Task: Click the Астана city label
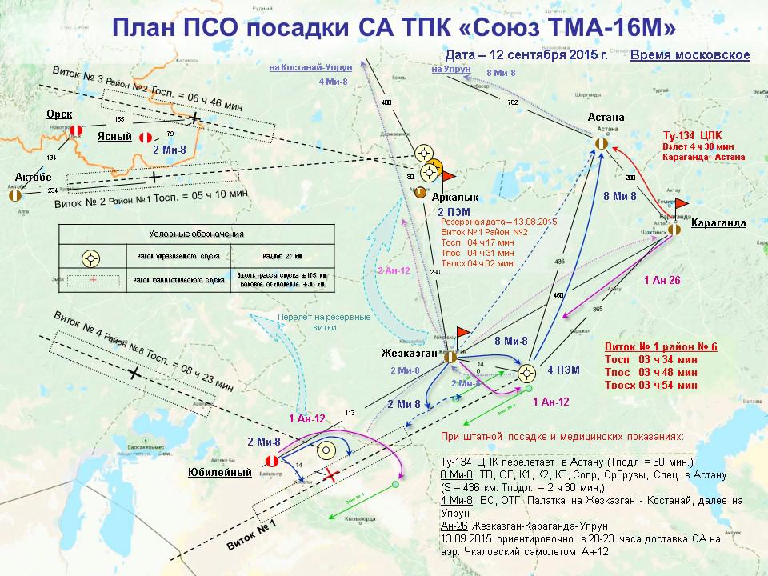tap(606, 118)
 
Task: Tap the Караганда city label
tap(718, 223)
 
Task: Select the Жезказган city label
tap(409, 353)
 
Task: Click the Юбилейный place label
tap(214, 471)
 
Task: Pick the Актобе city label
tap(34, 177)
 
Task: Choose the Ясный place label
tap(114, 137)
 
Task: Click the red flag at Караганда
tap(681, 204)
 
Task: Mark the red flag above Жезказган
tap(462, 330)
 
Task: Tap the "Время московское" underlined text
tap(690, 55)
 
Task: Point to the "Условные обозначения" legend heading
tap(197, 234)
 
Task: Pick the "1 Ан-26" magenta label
tap(663, 280)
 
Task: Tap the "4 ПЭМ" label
tap(563, 370)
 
